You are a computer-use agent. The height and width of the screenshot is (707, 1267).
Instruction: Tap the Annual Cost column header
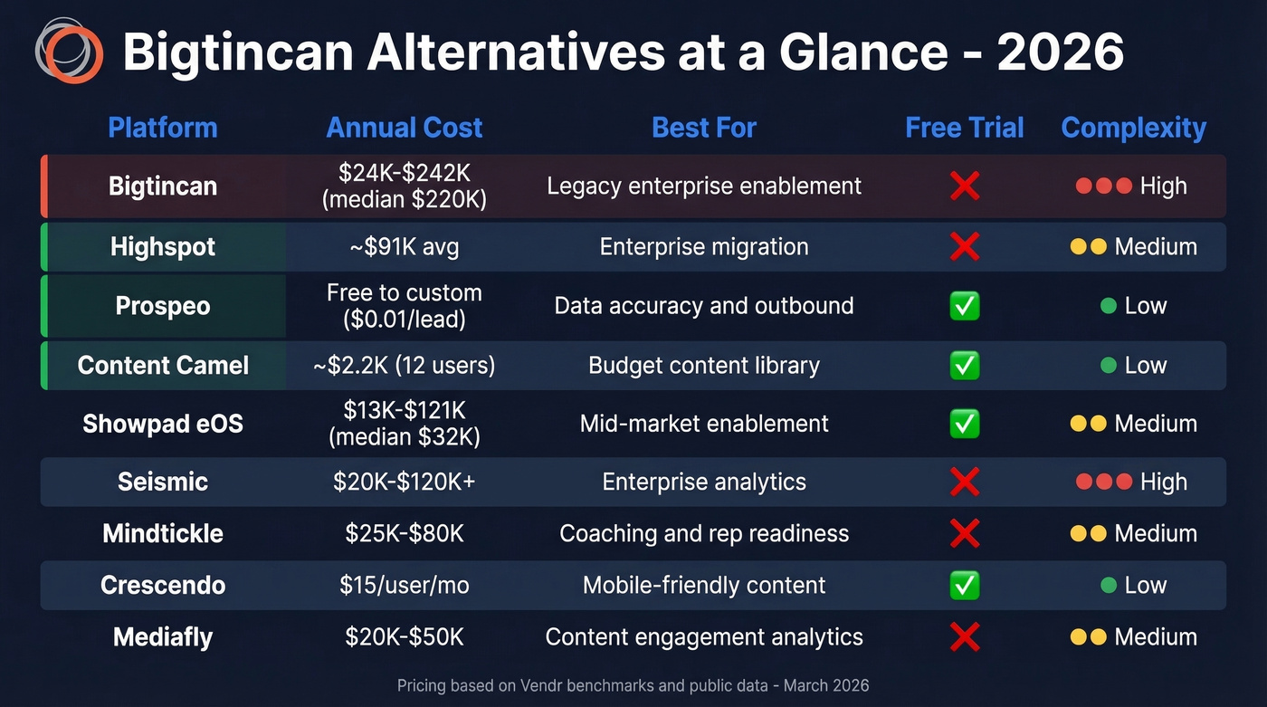coord(405,128)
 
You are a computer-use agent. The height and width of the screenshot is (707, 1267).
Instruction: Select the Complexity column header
coord(1133,128)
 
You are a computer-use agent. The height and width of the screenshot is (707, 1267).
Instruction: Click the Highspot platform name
coord(163,247)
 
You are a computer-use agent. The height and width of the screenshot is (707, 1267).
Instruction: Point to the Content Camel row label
coord(163,366)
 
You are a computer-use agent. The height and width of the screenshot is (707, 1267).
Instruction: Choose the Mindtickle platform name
coord(163,533)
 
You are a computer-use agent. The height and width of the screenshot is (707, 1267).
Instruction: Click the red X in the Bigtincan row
coord(965,186)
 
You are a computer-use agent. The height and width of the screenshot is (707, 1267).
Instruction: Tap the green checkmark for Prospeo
coord(965,306)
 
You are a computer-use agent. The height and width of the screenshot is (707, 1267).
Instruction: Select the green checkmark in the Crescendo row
coord(965,586)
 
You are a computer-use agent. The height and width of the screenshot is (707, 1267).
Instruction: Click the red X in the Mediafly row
coord(965,637)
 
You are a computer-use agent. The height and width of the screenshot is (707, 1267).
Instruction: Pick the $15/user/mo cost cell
coord(405,586)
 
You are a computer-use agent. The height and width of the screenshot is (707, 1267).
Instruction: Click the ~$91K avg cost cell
coord(405,247)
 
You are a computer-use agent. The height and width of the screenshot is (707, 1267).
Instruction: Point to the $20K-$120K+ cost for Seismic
coord(405,482)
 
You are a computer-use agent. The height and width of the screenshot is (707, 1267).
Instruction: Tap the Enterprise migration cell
coord(704,247)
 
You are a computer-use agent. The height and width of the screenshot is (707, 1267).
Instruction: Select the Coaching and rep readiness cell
coord(704,533)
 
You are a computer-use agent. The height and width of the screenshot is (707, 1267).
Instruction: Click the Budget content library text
coord(704,366)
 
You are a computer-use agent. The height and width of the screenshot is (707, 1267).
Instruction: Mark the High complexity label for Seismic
coord(1163,482)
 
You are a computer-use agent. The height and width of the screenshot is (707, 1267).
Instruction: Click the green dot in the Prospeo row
coord(1108,306)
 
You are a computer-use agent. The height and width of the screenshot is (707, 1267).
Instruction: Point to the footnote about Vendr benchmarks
coord(633,685)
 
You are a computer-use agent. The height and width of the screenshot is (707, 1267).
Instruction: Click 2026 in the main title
coord(1060,53)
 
